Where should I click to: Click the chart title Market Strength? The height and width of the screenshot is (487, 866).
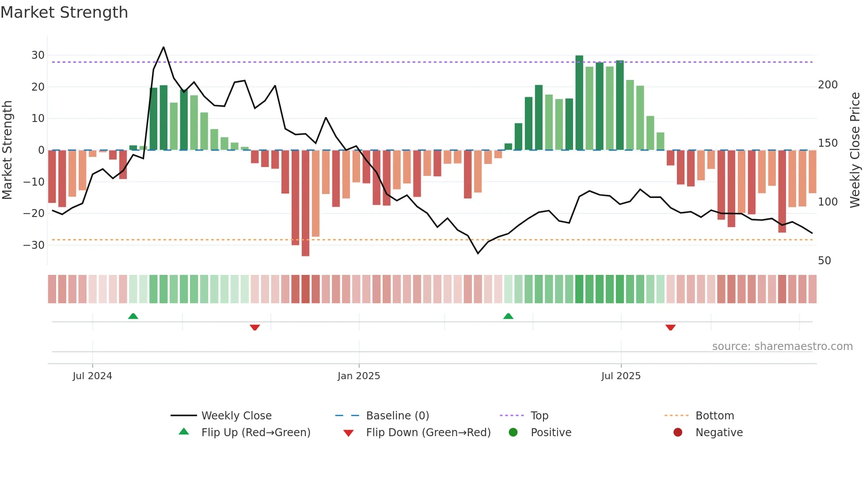point(64,12)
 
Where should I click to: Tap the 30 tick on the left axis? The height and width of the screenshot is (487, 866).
point(38,55)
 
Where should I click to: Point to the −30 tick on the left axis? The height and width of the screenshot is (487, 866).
point(34,245)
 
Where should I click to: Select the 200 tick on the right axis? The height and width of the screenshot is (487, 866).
point(828,85)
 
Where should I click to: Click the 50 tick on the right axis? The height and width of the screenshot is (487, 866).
point(824,261)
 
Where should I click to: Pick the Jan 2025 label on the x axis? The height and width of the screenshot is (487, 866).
point(358,376)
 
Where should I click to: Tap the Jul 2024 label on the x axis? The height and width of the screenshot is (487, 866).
point(92,376)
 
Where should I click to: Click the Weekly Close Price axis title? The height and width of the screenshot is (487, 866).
point(855,150)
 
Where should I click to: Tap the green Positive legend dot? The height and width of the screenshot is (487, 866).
point(513,432)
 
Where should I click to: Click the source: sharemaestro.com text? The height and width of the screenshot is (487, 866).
point(782,346)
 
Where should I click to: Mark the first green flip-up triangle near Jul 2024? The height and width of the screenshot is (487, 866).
point(133,316)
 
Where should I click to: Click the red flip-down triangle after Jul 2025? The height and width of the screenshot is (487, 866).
point(670,327)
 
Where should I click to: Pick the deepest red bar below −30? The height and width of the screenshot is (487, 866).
point(305,203)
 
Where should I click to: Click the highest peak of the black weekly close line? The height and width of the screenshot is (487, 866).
point(163,47)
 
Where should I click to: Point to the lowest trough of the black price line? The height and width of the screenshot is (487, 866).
point(478,253)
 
